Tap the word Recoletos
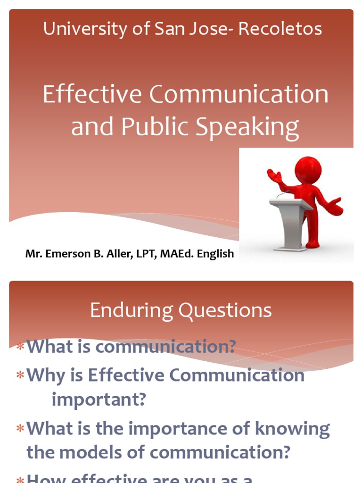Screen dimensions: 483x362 280,29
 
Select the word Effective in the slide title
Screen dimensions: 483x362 92,94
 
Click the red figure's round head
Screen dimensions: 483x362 308,169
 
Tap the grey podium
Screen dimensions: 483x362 290,222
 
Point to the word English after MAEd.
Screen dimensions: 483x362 215,254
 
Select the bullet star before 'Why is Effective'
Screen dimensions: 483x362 20,376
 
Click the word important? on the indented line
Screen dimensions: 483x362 99,400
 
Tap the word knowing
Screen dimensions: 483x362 295,429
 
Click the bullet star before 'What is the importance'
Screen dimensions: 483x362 20,429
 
